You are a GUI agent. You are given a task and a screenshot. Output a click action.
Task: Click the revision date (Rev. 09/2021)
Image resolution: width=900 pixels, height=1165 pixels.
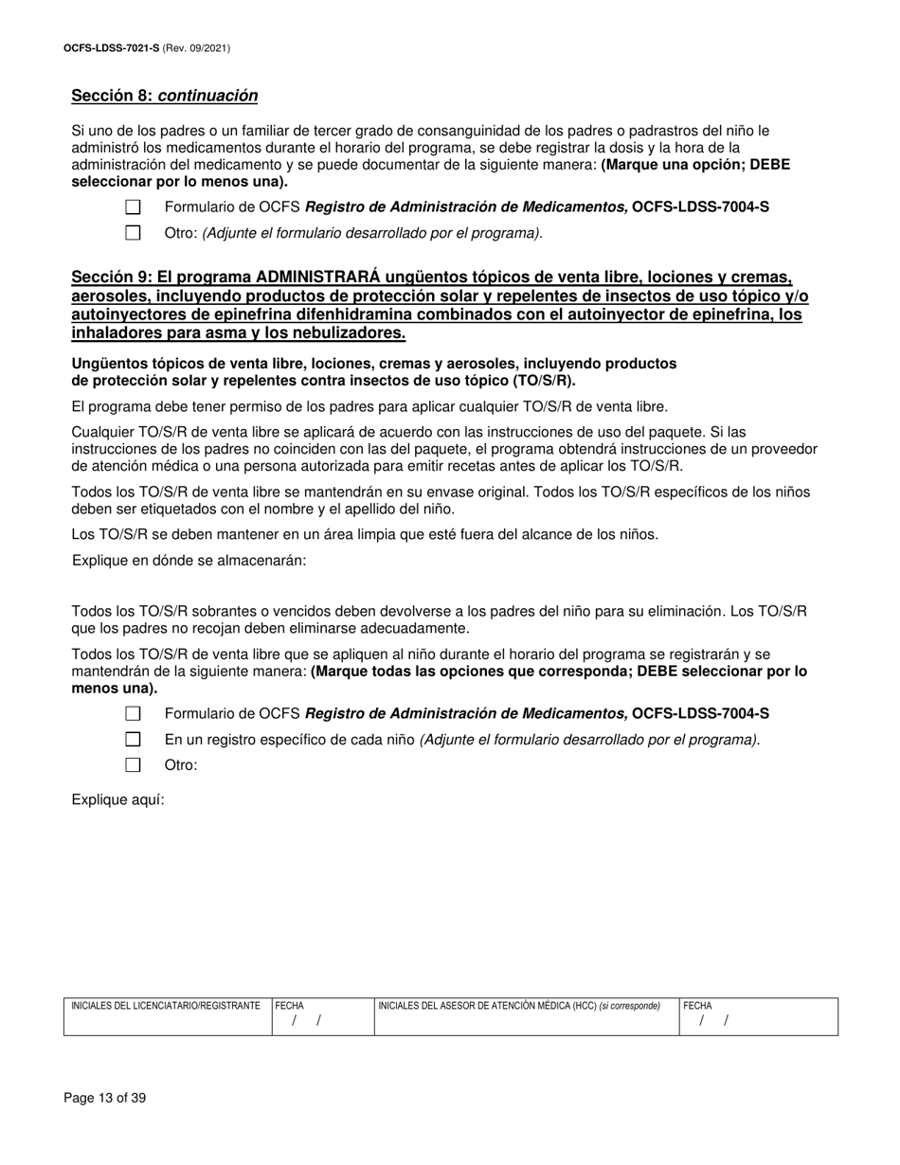[x=196, y=47]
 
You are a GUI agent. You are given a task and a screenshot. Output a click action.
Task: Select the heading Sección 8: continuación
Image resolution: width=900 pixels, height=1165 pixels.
[x=164, y=96]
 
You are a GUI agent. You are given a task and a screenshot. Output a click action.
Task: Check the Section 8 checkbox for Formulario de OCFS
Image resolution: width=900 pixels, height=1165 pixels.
[x=134, y=207]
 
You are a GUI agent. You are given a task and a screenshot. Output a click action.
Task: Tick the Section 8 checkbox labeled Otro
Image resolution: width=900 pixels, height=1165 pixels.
[x=134, y=233]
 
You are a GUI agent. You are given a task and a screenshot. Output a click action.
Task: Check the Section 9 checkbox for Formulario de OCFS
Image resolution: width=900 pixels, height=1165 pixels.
[x=134, y=714]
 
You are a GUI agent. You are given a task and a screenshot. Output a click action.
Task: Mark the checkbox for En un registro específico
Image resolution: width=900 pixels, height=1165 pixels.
[x=134, y=740]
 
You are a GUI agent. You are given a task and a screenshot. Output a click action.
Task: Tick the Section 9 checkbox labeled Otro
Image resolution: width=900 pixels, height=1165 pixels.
[x=134, y=765]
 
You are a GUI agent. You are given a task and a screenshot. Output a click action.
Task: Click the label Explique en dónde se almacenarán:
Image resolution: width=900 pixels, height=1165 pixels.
[x=189, y=561]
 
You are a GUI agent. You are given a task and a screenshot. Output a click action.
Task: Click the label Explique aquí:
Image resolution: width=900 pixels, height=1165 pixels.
[x=118, y=800]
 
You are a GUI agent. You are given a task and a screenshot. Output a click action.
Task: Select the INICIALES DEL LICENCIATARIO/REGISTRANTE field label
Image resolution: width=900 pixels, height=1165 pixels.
[x=166, y=1006]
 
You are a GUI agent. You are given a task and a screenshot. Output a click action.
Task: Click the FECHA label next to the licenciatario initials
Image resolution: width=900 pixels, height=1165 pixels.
[x=290, y=1006]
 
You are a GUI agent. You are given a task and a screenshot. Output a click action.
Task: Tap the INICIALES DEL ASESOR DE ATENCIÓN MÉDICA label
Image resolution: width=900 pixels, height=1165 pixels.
[x=487, y=1006]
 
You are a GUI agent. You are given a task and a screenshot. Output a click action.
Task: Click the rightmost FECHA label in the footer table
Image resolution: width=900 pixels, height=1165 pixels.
[x=697, y=1006]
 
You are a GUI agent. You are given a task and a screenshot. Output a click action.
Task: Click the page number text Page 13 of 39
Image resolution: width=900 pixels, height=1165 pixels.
[x=105, y=1099]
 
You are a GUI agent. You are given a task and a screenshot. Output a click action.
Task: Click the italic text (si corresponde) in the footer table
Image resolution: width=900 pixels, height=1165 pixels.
[x=630, y=1006]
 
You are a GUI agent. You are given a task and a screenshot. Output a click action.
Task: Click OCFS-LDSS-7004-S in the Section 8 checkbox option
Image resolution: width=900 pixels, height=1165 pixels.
[x=700, y=207]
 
